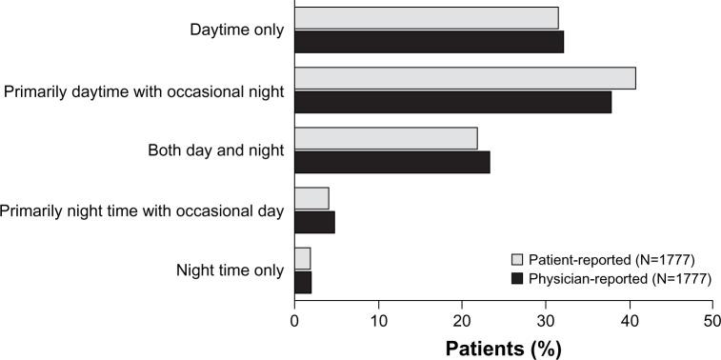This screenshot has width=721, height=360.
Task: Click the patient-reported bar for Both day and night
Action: point(386,138)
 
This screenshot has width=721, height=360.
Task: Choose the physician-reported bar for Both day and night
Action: point(391,162)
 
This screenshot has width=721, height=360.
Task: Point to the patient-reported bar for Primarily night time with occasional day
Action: point(311,198)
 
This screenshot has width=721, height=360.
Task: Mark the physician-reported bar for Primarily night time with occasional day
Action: point(314,222)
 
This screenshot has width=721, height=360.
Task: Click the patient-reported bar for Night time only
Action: point(302,258)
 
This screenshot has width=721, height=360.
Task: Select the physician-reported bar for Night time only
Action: point(303,282)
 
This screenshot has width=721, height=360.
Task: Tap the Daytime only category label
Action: point(236,30)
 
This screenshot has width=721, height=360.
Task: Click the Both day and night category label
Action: point(216,150)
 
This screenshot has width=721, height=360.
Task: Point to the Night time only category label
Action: point(230,270)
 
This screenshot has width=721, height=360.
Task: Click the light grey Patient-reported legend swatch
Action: point(518,259)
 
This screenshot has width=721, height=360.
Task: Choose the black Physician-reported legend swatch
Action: point(518,278)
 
